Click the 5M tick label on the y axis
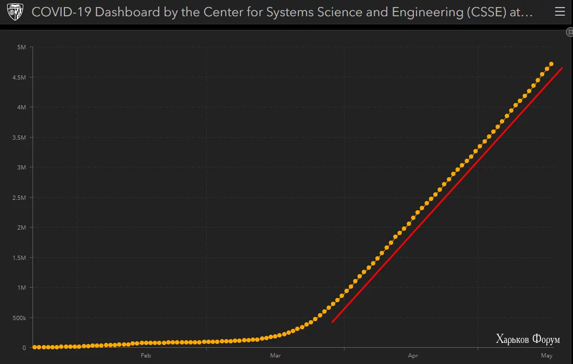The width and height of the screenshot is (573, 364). tap(22, 47)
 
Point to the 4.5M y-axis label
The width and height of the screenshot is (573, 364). tap(19, 77)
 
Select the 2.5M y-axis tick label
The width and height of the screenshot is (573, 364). tap(19, 198)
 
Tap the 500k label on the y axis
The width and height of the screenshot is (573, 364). tap(19, 318)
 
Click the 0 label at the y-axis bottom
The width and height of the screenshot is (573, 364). tap(24, 348)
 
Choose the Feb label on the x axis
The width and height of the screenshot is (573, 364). tap(145, 356)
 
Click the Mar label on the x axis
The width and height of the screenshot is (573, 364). tap(275, 356)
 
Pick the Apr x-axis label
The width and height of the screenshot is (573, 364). tap(413, 356)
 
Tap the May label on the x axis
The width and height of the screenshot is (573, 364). tap(546, 356)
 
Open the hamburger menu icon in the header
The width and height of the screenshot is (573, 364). tap(560, 12)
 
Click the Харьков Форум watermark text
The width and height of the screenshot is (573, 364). tap(528, 340)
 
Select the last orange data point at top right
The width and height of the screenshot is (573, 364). tap(551, 64)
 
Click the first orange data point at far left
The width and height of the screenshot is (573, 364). tap(34, 347)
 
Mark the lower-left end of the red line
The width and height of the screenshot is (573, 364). tap(333, 322)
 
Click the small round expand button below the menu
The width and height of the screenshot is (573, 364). tap(569, 32)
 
